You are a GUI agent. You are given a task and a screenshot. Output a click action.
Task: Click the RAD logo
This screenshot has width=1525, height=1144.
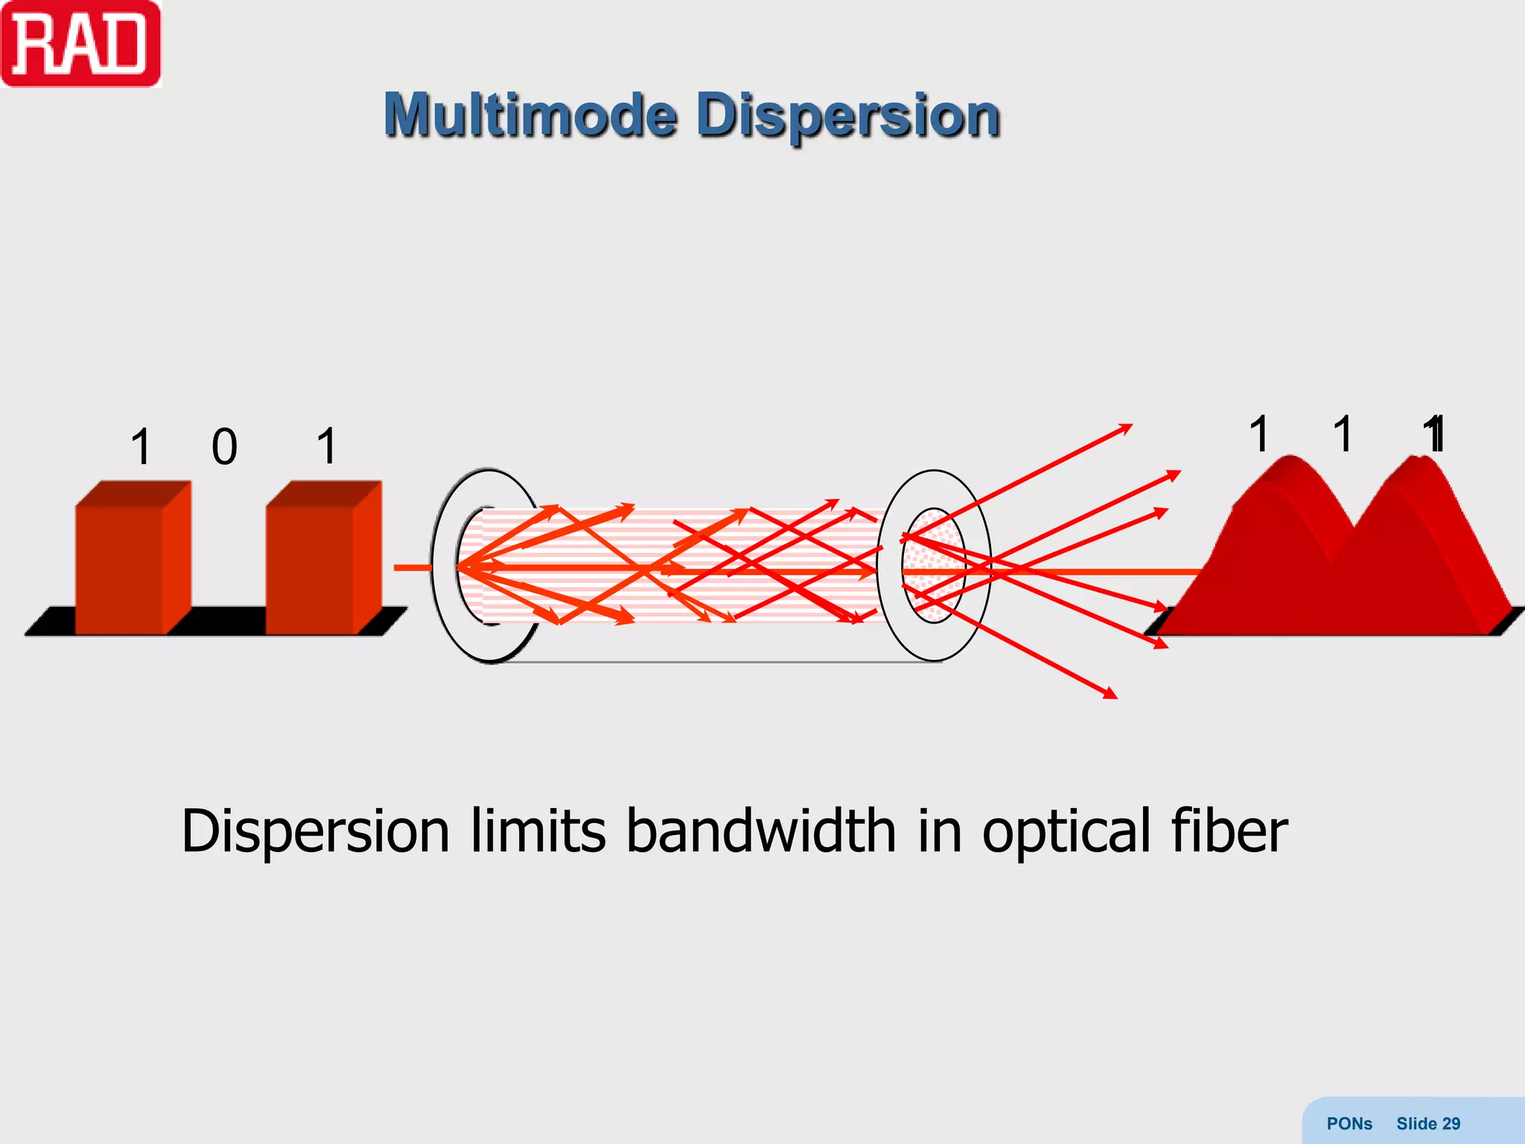80,45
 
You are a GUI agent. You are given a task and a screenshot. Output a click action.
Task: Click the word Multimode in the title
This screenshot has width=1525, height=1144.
530,116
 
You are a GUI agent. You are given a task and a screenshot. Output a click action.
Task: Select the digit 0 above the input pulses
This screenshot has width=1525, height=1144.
224,447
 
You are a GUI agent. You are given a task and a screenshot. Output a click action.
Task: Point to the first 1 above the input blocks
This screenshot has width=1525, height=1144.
141,447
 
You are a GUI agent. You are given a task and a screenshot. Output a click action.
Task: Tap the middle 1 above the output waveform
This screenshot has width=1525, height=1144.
1343,433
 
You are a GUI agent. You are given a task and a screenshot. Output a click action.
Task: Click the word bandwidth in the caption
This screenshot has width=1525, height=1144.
761,831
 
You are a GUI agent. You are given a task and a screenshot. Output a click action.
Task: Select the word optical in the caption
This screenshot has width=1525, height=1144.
1066,833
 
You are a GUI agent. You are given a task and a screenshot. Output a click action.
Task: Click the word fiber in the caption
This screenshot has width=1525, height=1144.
1229,831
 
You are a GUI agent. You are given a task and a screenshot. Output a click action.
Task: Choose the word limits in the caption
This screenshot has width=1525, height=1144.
538,831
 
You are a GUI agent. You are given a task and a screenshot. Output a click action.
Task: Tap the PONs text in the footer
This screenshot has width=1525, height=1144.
1349,1124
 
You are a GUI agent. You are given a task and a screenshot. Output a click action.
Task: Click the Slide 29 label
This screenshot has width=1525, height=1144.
1428,1124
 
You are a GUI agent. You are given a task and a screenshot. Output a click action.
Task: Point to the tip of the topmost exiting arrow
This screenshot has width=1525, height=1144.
1131,425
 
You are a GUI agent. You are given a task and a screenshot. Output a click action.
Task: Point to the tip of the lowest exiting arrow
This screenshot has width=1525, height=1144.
1116,697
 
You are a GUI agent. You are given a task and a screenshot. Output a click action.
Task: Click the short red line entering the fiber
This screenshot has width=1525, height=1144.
412,568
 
